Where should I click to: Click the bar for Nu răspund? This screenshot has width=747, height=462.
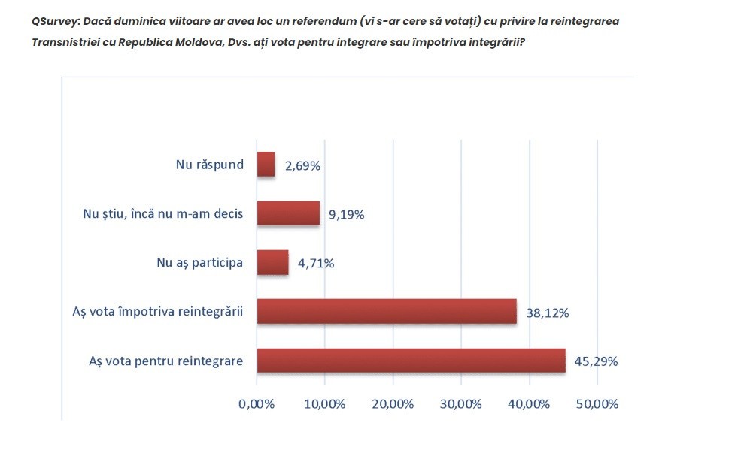click(x=266, y=165)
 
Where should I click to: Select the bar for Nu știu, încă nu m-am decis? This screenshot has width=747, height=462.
click(x=288, y=213)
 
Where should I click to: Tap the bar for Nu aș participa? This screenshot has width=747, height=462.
click(x=272, y=262)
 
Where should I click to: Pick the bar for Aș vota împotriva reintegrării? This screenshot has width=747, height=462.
click(x=387, y=311)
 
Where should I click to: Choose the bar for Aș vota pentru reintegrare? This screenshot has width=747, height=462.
click(x=411, y=360)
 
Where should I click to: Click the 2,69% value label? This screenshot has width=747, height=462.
click(x=302, y=165)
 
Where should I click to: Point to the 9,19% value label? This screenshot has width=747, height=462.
click(x=346, y=215)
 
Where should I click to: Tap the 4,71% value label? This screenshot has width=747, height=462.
click(x=316, y=264)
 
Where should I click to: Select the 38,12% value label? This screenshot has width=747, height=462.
click(x=548, y=313)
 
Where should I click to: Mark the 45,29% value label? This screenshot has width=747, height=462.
click(x=596, y=361)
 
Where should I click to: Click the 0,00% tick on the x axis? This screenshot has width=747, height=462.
click(x=257, y=404)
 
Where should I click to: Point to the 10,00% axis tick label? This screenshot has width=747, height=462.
click(x=324, y=404)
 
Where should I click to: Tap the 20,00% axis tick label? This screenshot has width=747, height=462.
click(x=393, y=404)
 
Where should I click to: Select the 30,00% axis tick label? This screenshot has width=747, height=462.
click(x=460, y=404)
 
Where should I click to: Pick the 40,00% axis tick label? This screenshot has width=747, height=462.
click(x=529, y=404)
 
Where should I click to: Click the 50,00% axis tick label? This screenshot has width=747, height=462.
click(x=597, y=404)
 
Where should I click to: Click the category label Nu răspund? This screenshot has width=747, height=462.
click(x=210, y=165)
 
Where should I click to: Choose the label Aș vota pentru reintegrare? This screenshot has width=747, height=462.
click(x=165, y=361)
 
